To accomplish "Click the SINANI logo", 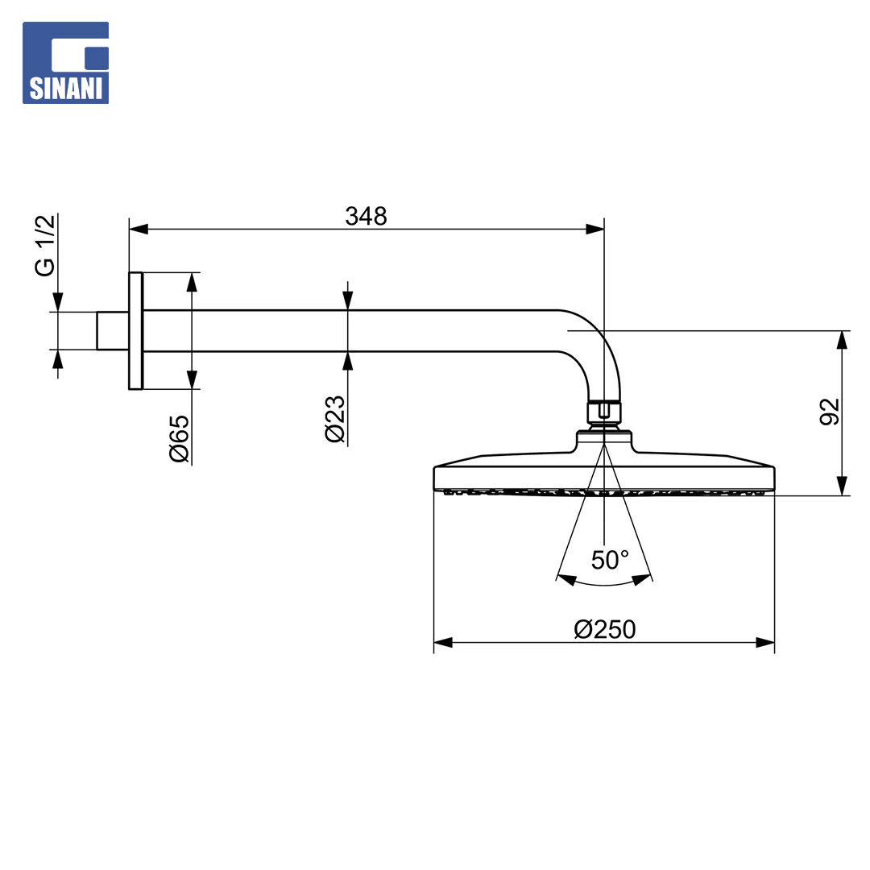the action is (x=65, y=63).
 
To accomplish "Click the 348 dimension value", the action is (x=366, y=216).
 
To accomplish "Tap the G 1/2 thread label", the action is (x=45, y=245).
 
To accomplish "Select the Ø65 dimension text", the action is (x=179, y=439).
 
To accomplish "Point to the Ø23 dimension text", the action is (x=335, y=419).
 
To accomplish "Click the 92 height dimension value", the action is (x=830, y=412).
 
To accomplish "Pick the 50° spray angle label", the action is (x=610, y=560).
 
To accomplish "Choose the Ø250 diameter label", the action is (x=605, y=629).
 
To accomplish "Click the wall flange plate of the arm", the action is (x=136, y=331).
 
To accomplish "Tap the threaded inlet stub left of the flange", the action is (x=113, y=331).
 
